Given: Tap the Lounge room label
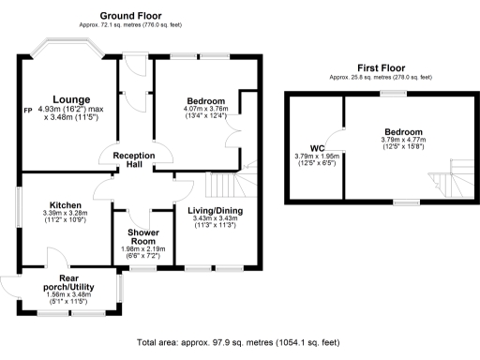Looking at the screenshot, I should click(x=70, y=99).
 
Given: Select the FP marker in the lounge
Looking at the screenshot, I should click(x=28, y=110).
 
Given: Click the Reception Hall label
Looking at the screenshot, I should click(x=133, y=159).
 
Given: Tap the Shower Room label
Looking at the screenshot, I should click(x=137, y=235).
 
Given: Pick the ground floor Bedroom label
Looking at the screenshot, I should click(x=204, y=100).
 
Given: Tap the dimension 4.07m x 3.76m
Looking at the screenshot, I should click(x=204, y=109).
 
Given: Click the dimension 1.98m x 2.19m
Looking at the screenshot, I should click(x=137, y=248).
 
